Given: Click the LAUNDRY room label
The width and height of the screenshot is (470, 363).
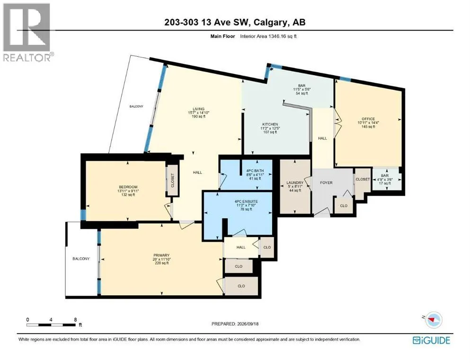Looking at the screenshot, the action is (x=295, y=182).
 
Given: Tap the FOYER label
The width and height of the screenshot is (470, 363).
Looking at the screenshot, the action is (x=326, y=182).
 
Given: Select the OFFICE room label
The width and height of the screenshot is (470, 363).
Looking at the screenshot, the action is (x=368, y=119).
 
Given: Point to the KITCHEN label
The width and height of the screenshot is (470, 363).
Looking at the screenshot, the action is (x=270, y=124).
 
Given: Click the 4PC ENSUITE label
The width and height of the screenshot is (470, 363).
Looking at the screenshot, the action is (x=246, y=201).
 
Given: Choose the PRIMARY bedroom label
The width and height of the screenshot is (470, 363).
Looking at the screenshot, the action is (x=161, y=255).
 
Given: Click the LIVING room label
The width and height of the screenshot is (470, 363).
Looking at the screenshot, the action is (x=198, y=109).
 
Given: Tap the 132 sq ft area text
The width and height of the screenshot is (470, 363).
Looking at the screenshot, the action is (x=128, y=195).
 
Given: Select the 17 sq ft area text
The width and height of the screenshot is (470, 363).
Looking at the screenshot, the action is (x=385, y=183).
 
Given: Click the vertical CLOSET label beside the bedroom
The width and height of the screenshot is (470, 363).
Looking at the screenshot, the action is (x=172, y=180).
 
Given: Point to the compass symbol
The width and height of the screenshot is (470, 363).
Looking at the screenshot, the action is (x=433, y=320).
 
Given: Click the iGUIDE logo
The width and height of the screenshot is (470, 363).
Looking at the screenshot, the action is (x=431, y=340).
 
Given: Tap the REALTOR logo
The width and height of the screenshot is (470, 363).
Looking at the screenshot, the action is (x=27, y=32).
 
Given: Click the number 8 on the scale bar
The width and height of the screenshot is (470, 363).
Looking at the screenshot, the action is (x=75, y=320).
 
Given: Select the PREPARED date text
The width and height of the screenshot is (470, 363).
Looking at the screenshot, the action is (x=235, y=324).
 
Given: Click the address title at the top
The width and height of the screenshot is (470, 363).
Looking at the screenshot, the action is (x=235, y=22).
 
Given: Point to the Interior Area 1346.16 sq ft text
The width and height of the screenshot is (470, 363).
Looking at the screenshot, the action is (x=268, y=36).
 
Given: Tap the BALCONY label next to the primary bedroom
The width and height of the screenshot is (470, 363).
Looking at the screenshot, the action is (x=81, y=259).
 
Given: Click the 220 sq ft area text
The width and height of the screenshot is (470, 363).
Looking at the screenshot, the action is (x=161, y=263).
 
